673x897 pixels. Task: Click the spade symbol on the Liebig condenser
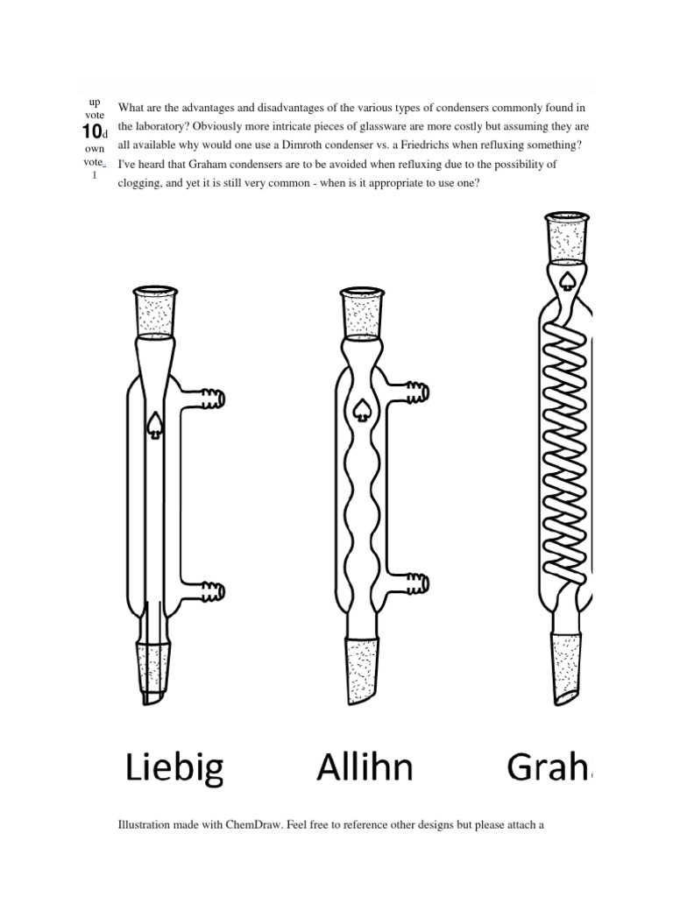coord(155,423)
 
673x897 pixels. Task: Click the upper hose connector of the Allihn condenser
coord(418,392)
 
